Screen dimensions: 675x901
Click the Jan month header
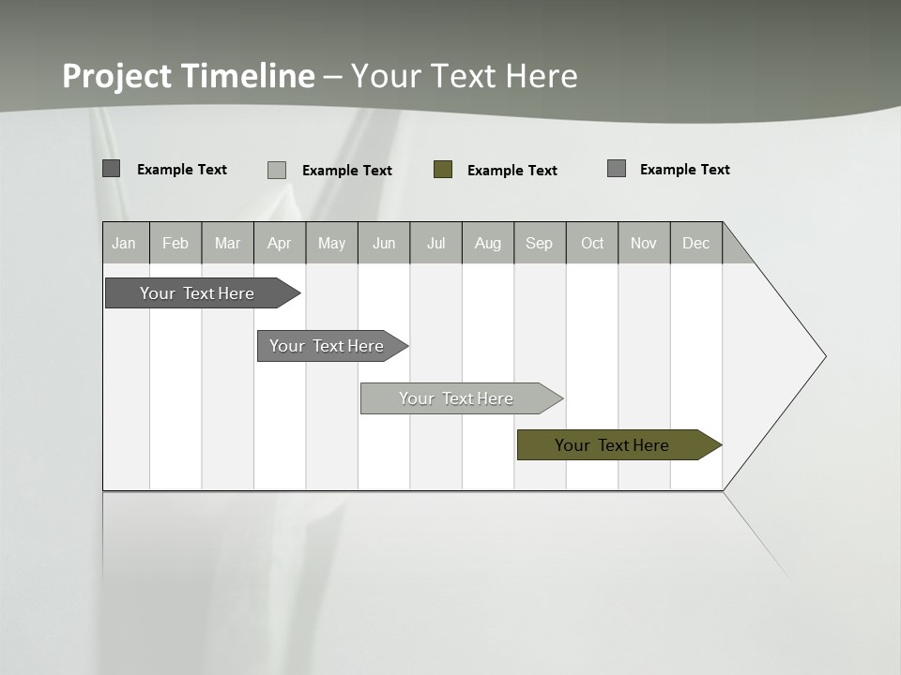125,243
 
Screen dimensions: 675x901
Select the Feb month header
176,243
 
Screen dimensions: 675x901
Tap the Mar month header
227,243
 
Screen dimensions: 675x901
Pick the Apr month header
280,243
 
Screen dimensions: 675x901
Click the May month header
331,243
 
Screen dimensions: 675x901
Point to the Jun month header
384,243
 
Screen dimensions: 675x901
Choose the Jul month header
435,243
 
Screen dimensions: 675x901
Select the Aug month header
488,243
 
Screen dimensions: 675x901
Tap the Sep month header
540,243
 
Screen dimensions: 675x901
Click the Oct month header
592,243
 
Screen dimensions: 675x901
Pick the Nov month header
644,243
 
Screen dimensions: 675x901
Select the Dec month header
696,243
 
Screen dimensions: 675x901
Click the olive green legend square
443,170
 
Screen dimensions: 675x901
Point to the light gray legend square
277,170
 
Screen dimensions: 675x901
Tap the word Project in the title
117,76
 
